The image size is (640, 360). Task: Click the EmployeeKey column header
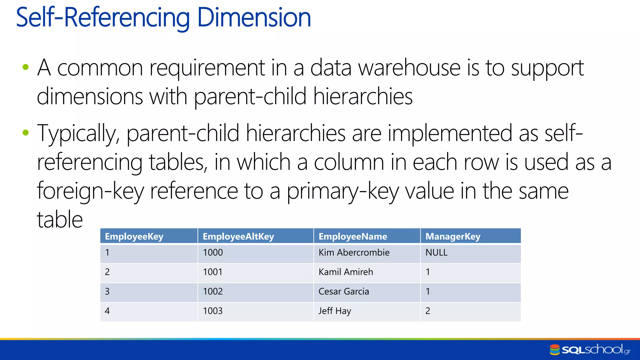click(134, 237)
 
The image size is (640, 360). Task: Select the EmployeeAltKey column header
click(238, 237)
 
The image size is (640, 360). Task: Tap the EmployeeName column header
click(352, 237)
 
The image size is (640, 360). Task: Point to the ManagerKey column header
click(453, 237)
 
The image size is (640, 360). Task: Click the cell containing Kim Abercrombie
click(354, 252)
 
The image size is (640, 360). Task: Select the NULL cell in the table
click(437, 252)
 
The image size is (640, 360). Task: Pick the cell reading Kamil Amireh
click(346, 272)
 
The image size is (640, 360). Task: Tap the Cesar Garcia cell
click(344, 292)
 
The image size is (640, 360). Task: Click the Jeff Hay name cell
click(335, 311)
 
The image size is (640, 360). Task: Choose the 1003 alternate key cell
click(213, 311)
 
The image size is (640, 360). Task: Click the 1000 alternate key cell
click(213, 252)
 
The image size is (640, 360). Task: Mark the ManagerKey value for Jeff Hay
click(428, 311)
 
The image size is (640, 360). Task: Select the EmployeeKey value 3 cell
click(107, 292)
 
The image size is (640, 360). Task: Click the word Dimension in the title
click(254, 18)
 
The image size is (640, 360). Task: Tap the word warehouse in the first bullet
click(409, 68)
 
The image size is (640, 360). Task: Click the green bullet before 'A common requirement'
click(26, 67)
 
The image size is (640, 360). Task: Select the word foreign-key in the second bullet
click(91, 191)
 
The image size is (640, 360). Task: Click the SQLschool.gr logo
click(590, 350)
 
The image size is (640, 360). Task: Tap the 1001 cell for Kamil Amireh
click(213, 272)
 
